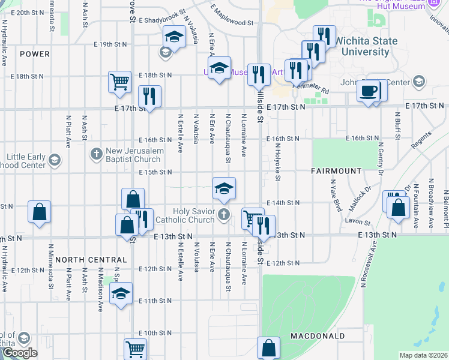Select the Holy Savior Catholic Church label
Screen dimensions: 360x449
(193, 215)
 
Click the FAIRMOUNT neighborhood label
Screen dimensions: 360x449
(336, 171)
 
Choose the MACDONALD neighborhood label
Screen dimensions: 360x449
(317, 335)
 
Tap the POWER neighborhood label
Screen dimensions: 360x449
(34, 54)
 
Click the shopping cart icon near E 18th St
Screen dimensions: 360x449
(120, 81)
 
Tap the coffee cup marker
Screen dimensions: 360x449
(368, 91)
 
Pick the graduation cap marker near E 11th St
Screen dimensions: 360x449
(121, 293)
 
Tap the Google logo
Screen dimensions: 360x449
(19, 353)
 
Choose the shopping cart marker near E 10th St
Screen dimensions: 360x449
(136, 349)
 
